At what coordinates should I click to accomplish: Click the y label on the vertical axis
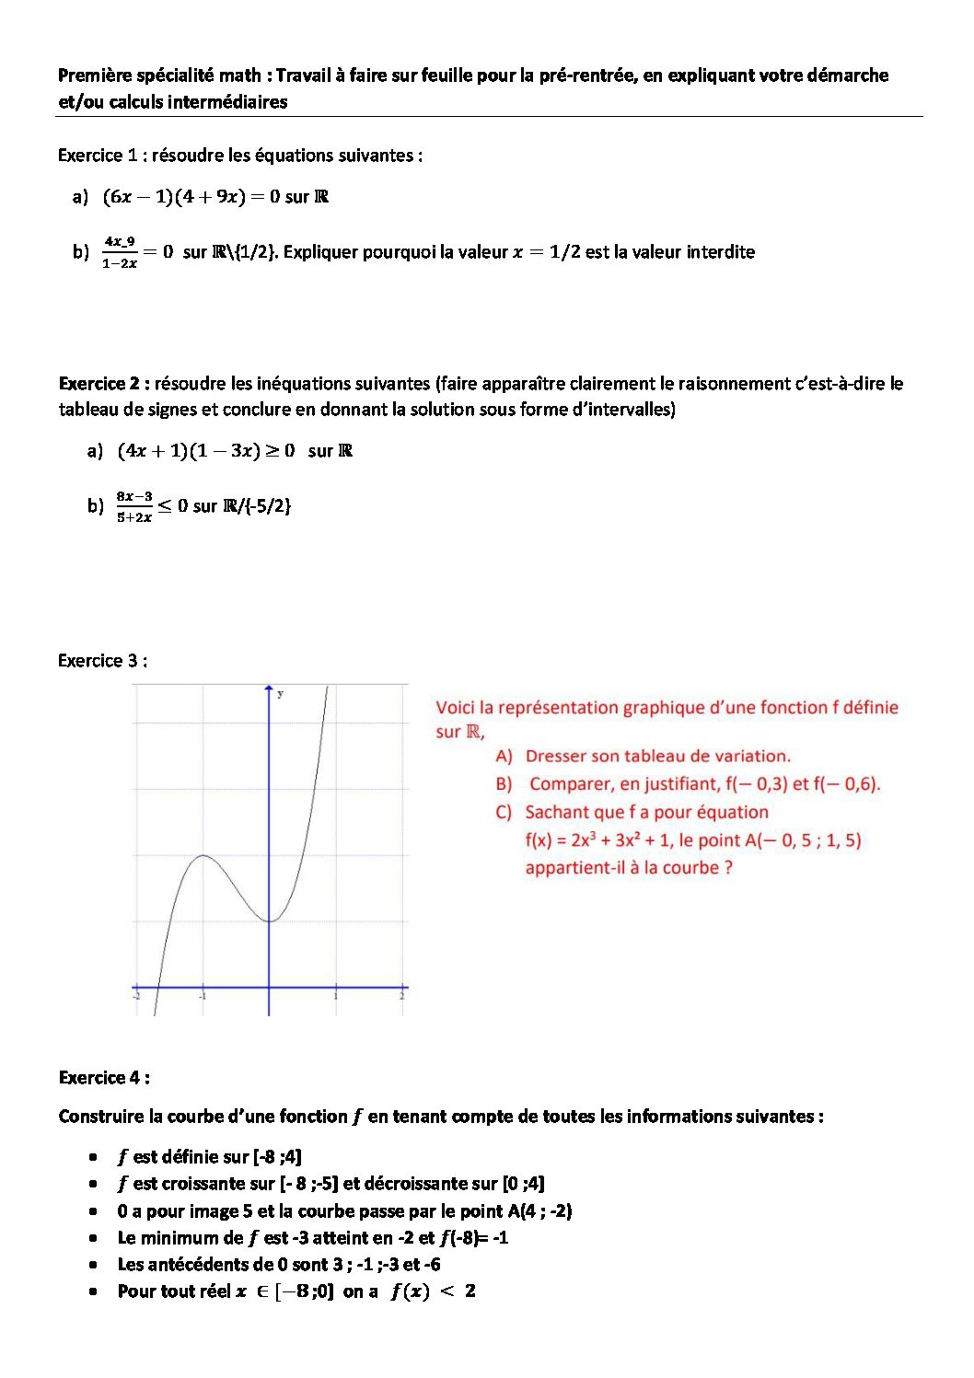pyautogui.click(x=280, y=694)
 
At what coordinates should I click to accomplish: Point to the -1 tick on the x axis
pyautogui.click(x=203, y=996)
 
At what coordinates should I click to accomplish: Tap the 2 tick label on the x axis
pyautogui.click(x=402, y=996)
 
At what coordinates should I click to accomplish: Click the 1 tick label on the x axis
pyautogui.click(x=335, y=996)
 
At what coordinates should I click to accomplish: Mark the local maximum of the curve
pyautogui.click(x=203, y=856)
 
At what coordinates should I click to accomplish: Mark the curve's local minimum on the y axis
pyautogui.click(x=269, y=921)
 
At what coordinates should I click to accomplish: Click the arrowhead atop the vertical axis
pyautogui.click(x=269, y=688)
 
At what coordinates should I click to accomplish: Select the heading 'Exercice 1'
pyautogui.click(x=98, y=156)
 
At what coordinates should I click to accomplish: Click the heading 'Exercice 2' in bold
pyautogui.click(x=103, y=383)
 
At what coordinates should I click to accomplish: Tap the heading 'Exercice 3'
pyautogui.click(x=98, y=661)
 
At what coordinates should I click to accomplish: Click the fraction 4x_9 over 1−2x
pyautogui.click(x=120, y=252)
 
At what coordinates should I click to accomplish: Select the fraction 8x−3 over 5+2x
pyautogui.click(x=134, y=506)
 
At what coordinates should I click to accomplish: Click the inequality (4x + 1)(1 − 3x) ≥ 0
pyautogui.click(x=206, y=451)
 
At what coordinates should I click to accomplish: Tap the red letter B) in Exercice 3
pyautogui.click(x=504, y=784)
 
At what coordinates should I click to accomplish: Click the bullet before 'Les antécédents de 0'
pyautogui.click(x=93, y=1265)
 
